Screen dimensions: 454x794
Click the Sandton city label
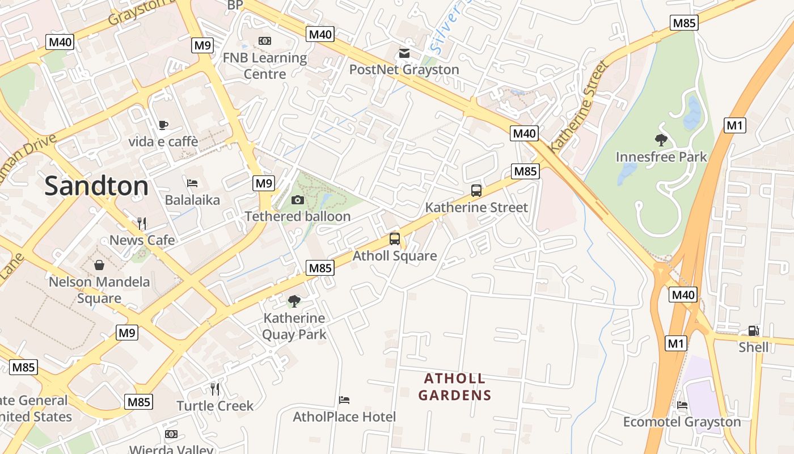pos(96,186)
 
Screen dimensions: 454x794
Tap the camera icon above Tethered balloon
pos(297,200)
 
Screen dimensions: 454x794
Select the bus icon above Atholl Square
pos(395,239)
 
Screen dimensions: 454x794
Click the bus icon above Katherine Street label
pos(476,191)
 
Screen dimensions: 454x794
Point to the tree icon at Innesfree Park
pos(661,140)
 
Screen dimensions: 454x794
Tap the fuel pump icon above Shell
pos(753,331)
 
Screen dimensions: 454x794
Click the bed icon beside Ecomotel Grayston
pos(682,405)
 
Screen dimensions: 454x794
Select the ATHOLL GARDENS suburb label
pos(455,386)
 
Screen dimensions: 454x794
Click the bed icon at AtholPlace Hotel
pos(344,400)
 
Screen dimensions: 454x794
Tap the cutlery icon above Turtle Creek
pos(215,389)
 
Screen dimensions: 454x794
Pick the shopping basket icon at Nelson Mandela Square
pos(99,264)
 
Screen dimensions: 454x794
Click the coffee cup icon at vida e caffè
pos(163,125)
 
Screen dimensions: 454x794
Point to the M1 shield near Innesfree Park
pos(735,125)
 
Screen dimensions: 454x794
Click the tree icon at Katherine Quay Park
pos(294,301)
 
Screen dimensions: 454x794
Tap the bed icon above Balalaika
pos(192,183)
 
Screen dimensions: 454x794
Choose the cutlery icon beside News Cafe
pos(142,223)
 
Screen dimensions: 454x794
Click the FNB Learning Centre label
pos(264,66)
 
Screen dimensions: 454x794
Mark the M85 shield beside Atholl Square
pos(320,268)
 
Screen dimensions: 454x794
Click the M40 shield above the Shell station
pos(683,295)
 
